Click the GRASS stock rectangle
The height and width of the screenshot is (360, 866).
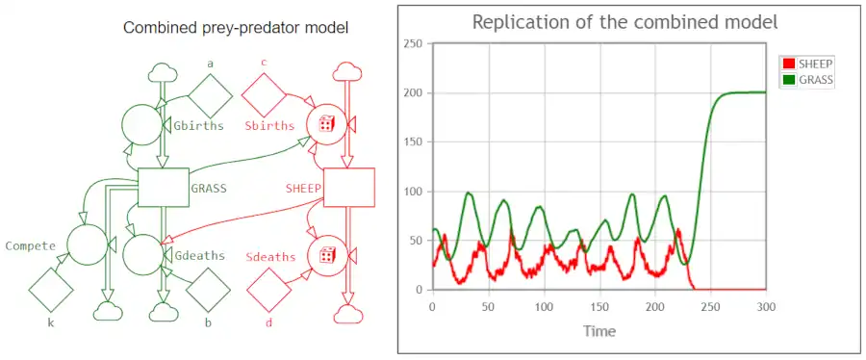tap(164, 187)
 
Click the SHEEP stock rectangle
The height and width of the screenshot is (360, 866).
tap(349, 187)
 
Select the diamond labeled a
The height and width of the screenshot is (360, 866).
tap(210, 95)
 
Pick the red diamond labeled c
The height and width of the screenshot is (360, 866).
tap(264, 95)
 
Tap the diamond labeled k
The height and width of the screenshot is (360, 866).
tap(51, 291)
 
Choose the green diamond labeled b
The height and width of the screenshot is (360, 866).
tap(208, 291)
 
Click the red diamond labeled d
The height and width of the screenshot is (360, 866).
tap(269, 291)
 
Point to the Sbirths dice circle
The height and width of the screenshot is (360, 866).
tap(326, 124)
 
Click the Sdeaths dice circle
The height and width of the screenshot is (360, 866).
tap(326, 255)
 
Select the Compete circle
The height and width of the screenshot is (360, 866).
tap(88, 244)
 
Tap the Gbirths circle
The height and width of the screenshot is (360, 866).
tap(142, 125)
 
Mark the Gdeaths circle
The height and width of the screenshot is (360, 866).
tap(143, 254)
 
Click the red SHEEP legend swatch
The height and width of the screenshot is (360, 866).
tap(789, 63)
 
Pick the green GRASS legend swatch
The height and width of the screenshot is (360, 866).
tap(789, 80)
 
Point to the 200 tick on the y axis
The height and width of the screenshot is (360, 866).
tap(416, 92)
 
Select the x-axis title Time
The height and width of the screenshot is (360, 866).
tap(599, 331)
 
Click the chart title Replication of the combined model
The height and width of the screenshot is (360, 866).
tap(624, 22)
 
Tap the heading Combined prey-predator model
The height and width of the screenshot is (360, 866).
tap(236, 28)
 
